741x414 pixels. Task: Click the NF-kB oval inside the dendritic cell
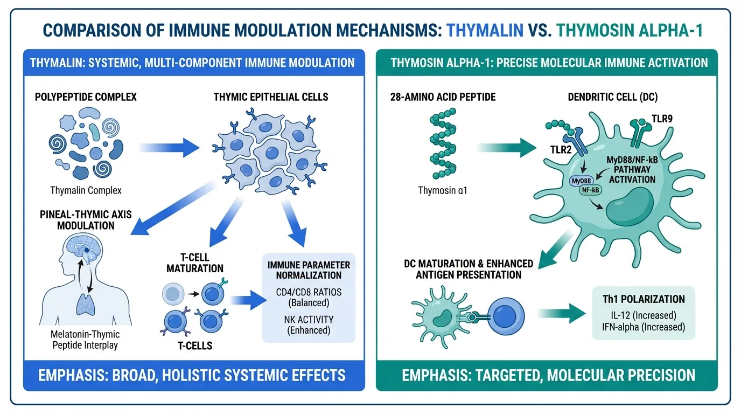[x=590, y=190]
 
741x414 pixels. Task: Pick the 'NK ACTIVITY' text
[x=309, y=319]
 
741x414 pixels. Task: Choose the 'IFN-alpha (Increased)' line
[x=643, y=327]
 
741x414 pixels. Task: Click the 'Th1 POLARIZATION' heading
[x=643, y=299]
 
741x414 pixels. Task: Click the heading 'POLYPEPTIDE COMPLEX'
[x=86, y=97]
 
